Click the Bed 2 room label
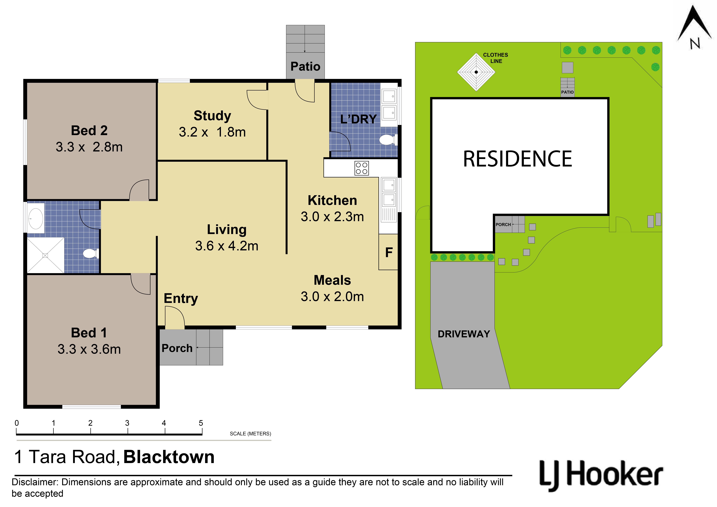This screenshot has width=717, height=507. (89, 130)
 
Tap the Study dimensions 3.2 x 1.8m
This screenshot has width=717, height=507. (212, 132)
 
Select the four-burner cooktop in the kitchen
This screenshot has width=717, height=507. (362, 168)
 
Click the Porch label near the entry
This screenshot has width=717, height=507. (177, 348)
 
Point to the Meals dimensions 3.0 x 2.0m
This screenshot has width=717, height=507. (332, 296)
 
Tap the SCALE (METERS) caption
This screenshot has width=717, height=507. (250, 434)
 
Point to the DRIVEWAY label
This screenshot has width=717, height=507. (464, 334)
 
